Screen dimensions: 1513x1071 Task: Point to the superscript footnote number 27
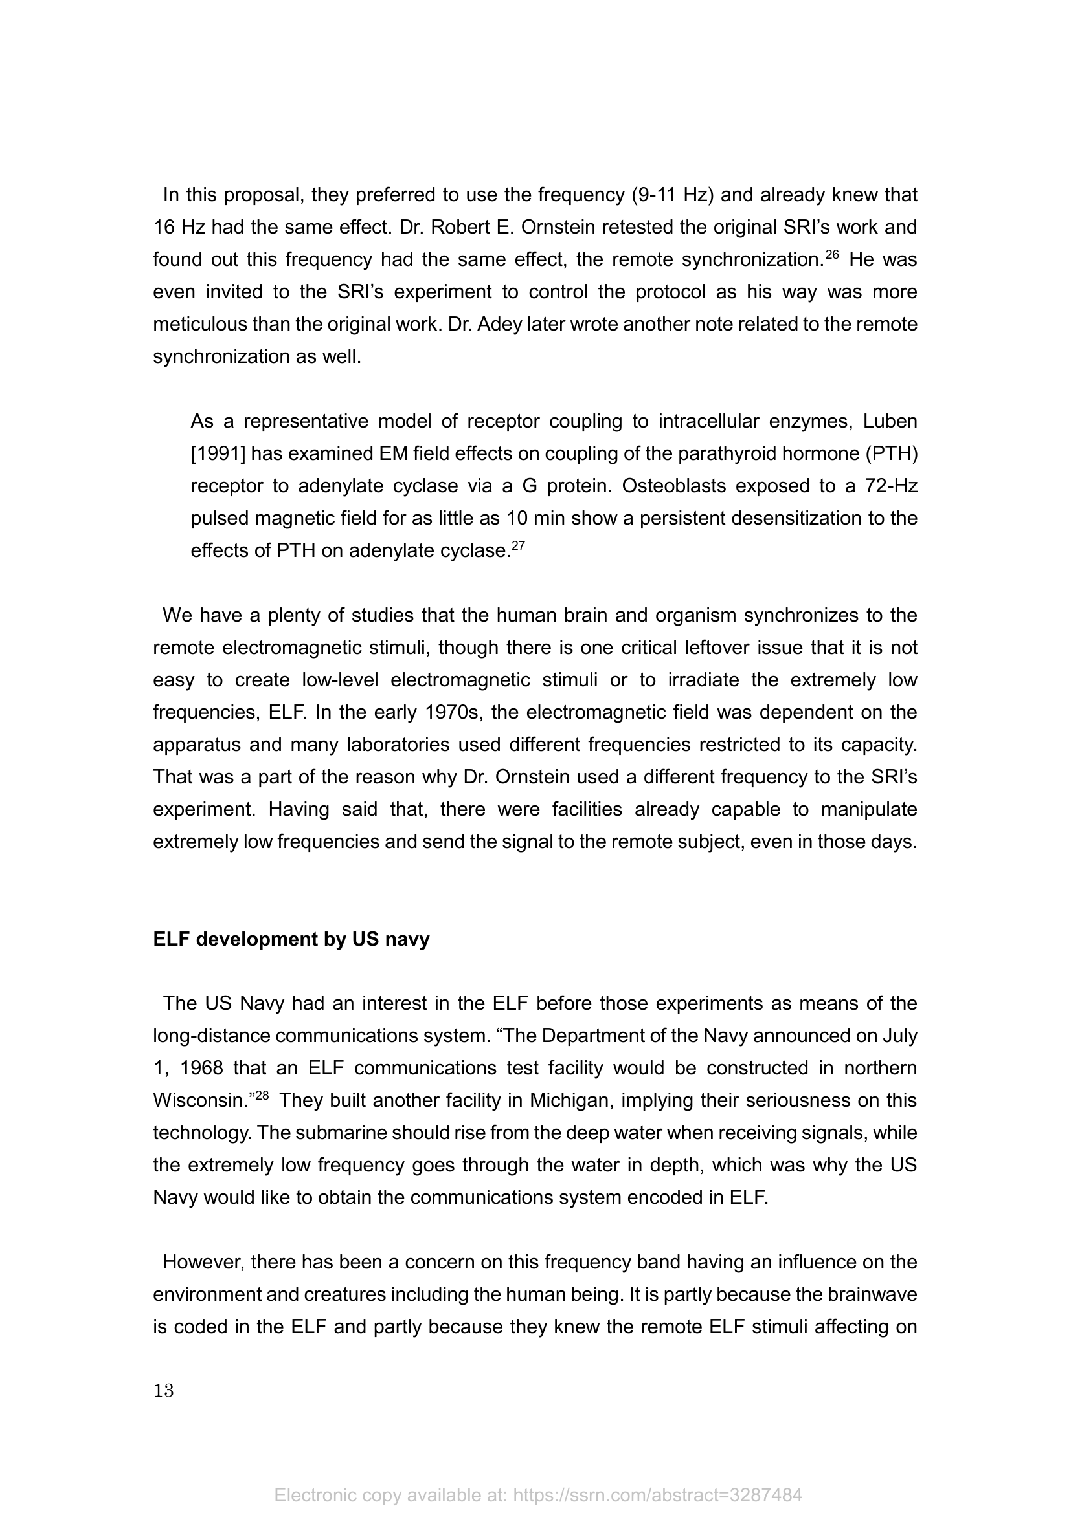click(519, 546)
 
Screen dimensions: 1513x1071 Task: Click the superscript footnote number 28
click(262, 1095)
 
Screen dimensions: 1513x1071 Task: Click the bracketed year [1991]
click(218, 453)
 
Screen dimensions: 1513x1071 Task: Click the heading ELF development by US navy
click(291, 939)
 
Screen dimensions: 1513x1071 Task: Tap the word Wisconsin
click(201, 1100)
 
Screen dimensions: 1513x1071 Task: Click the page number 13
click(164, 1391)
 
